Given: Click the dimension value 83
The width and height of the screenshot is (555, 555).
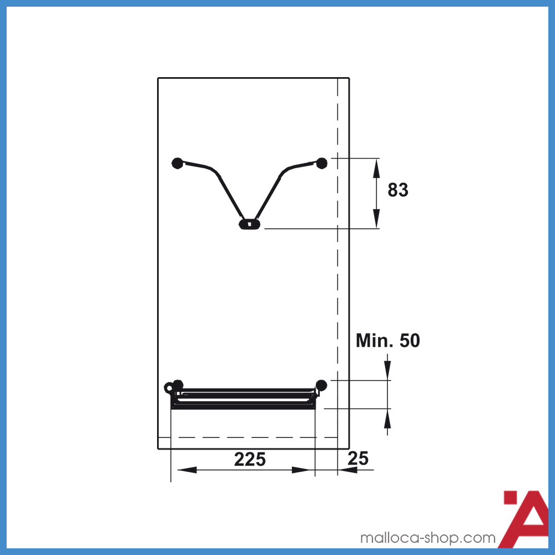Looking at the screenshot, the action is (x=398, y=190).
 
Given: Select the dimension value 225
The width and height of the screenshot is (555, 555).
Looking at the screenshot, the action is (x=250, y=460).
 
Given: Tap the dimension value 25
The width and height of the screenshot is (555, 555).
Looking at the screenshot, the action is (x=358, y=459).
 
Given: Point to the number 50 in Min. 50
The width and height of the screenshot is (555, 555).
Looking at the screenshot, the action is (x=410, y=341).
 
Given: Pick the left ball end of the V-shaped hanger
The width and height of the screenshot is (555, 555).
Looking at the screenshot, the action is (x=178, y=163).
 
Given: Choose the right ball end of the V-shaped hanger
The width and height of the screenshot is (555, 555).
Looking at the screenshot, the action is (x=321, y=163).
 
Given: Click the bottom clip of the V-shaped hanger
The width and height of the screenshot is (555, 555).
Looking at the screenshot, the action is (x=250, y=224).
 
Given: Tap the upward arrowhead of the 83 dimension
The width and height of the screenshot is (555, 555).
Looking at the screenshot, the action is (x=377, y=168).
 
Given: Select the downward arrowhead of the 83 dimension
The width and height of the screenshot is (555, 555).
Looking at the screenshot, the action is (x=377, y=219).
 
